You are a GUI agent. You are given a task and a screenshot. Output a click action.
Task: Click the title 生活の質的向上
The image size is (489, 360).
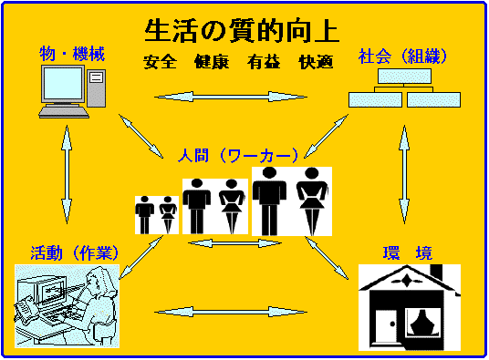coord(242,31)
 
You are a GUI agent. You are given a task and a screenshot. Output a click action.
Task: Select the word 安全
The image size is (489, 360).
coord(160,62)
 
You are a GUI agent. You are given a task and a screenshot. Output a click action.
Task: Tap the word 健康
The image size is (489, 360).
coord(212,62)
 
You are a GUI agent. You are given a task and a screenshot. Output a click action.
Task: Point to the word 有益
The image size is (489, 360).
coord(264,62)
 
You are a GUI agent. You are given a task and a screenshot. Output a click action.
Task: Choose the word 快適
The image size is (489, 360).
coord(316,62)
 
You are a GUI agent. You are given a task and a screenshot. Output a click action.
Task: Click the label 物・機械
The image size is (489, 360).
coord(72,54)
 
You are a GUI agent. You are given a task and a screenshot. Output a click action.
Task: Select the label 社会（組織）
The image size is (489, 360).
coord(402,57)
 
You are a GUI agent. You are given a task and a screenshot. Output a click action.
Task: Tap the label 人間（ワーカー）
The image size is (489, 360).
coord(238,155)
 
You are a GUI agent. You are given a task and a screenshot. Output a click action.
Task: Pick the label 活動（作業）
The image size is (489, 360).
coord(75,252)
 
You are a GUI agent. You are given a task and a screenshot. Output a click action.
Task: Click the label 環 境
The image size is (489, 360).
coord(408,252)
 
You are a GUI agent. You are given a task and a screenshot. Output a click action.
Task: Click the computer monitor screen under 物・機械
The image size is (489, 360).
coord(63,83)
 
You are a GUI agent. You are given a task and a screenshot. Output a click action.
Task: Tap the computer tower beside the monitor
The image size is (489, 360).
coord(97,88)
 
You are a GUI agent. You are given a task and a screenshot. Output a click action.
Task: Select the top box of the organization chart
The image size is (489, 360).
coord(404,76)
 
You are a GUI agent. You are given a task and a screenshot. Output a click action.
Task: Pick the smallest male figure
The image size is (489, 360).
coord(144,215)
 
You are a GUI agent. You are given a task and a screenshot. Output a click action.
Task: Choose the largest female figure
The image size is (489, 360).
coord(312,201)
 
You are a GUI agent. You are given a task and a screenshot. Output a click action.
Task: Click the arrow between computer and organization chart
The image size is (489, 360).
coord(231,97)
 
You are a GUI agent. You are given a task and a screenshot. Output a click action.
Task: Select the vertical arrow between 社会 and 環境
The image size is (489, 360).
coord(404,174)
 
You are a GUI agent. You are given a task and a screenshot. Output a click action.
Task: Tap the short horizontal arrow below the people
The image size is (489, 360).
coord(234,243)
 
